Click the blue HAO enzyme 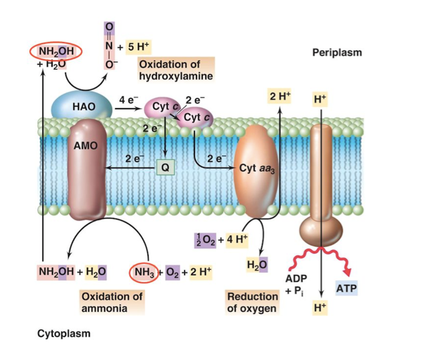(81, 106)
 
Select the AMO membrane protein (87, 170)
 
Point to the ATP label (347, 289)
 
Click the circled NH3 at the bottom (144, 273)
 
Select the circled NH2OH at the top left (56, 52)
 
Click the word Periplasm (337, 53)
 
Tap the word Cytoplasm (64, 334)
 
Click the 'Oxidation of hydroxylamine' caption (176, 70)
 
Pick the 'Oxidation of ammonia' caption (112, 302)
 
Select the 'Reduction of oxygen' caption (252, 302)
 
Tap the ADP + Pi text (296, 284)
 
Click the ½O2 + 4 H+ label (220, 239)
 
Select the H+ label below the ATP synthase (320, 308)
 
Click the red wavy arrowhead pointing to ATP (348, 271)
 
